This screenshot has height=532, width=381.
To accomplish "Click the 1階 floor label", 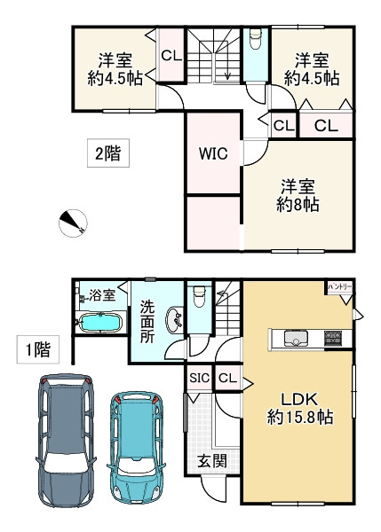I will [x=36, y=349].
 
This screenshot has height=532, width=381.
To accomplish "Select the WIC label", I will [x=213, y=153].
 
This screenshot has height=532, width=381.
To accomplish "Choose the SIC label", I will [x=198, y=379].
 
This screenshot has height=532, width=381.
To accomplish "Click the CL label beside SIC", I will [x=226, y=379].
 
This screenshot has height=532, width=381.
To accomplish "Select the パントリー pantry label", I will [x=339, y=288].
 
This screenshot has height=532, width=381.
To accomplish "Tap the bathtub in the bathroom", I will [x=101, y=323].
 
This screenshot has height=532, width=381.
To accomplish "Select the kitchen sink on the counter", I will [x=294, y=338].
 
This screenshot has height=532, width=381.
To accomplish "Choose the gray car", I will [x=67, y=439].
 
